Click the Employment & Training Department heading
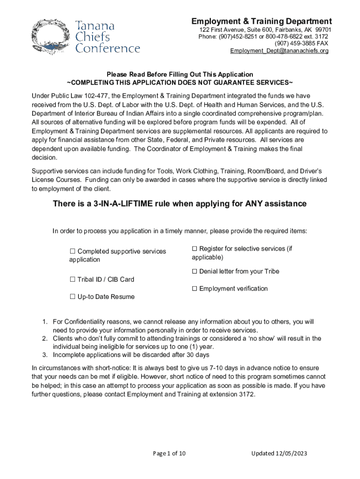(261, 22)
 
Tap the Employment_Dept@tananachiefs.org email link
(279, 51)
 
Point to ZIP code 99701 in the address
(323, 29)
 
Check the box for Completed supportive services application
(72, 251)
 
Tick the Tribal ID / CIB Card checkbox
(72, 279)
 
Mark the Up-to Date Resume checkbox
(72, 297)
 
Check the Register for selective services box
(194, 249)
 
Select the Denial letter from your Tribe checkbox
(194, 271)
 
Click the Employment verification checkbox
(194, 289)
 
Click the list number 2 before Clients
(45, 338)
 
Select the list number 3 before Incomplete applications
(45, 355)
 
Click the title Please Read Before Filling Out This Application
(180, 74)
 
